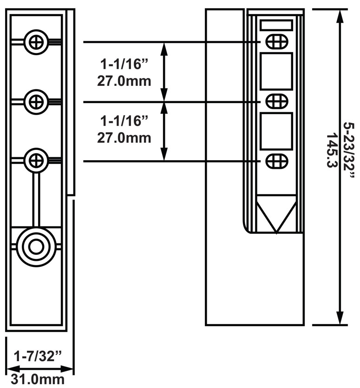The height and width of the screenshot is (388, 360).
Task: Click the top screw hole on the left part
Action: [36, 42]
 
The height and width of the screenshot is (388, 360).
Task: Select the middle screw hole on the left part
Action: [36, 100]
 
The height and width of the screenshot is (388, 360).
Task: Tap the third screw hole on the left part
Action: [36, 160]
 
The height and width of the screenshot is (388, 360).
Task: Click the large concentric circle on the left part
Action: [36, 246]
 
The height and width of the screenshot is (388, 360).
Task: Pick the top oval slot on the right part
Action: [276, 41]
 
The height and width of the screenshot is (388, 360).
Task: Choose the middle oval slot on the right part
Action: [276, 101]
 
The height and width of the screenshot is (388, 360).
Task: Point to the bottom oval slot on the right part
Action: [276, 161]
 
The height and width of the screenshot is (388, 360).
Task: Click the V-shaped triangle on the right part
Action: [276, 213]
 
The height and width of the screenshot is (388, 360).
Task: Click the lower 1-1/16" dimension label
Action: [124, 121]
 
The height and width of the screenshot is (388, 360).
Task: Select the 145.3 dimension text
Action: [332, 151]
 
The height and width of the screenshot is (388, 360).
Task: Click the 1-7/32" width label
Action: [38, 356]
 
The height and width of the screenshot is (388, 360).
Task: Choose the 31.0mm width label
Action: [38, 379]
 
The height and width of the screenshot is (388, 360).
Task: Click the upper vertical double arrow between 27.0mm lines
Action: [164, 71]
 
